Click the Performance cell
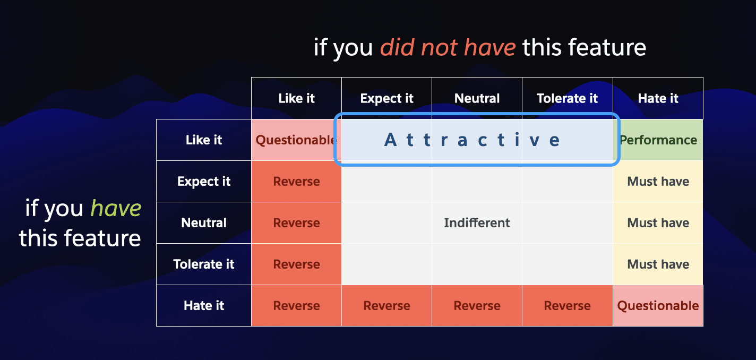point(658,140)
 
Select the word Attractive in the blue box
point(472,140)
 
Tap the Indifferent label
point(477,222)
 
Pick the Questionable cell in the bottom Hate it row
point(658,306)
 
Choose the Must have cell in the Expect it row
point(658,182)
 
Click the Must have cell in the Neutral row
point(658,222)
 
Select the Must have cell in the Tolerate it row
point(658,264)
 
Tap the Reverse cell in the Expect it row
point(297,182)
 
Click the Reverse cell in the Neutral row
point(297,222)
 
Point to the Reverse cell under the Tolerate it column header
point(568,306)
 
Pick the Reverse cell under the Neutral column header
point(477,306)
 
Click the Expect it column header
point(387,98)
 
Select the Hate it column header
point(658,98)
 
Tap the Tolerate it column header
point(568,98)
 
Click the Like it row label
point(204,140)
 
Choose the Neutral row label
point(204,222)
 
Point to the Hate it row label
point(204,306)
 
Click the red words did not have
point(448,47)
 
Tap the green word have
point(116,208)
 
